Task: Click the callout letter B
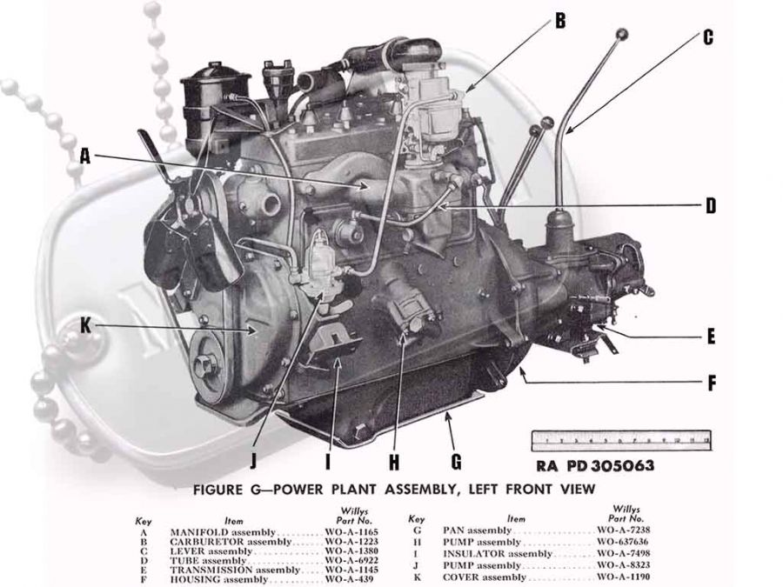560,21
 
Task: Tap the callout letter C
707,37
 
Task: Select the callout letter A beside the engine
84,157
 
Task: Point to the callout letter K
84,326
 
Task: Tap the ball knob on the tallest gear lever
621,36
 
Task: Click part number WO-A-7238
619,530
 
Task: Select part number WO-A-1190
619,577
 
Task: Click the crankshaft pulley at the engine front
207,366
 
